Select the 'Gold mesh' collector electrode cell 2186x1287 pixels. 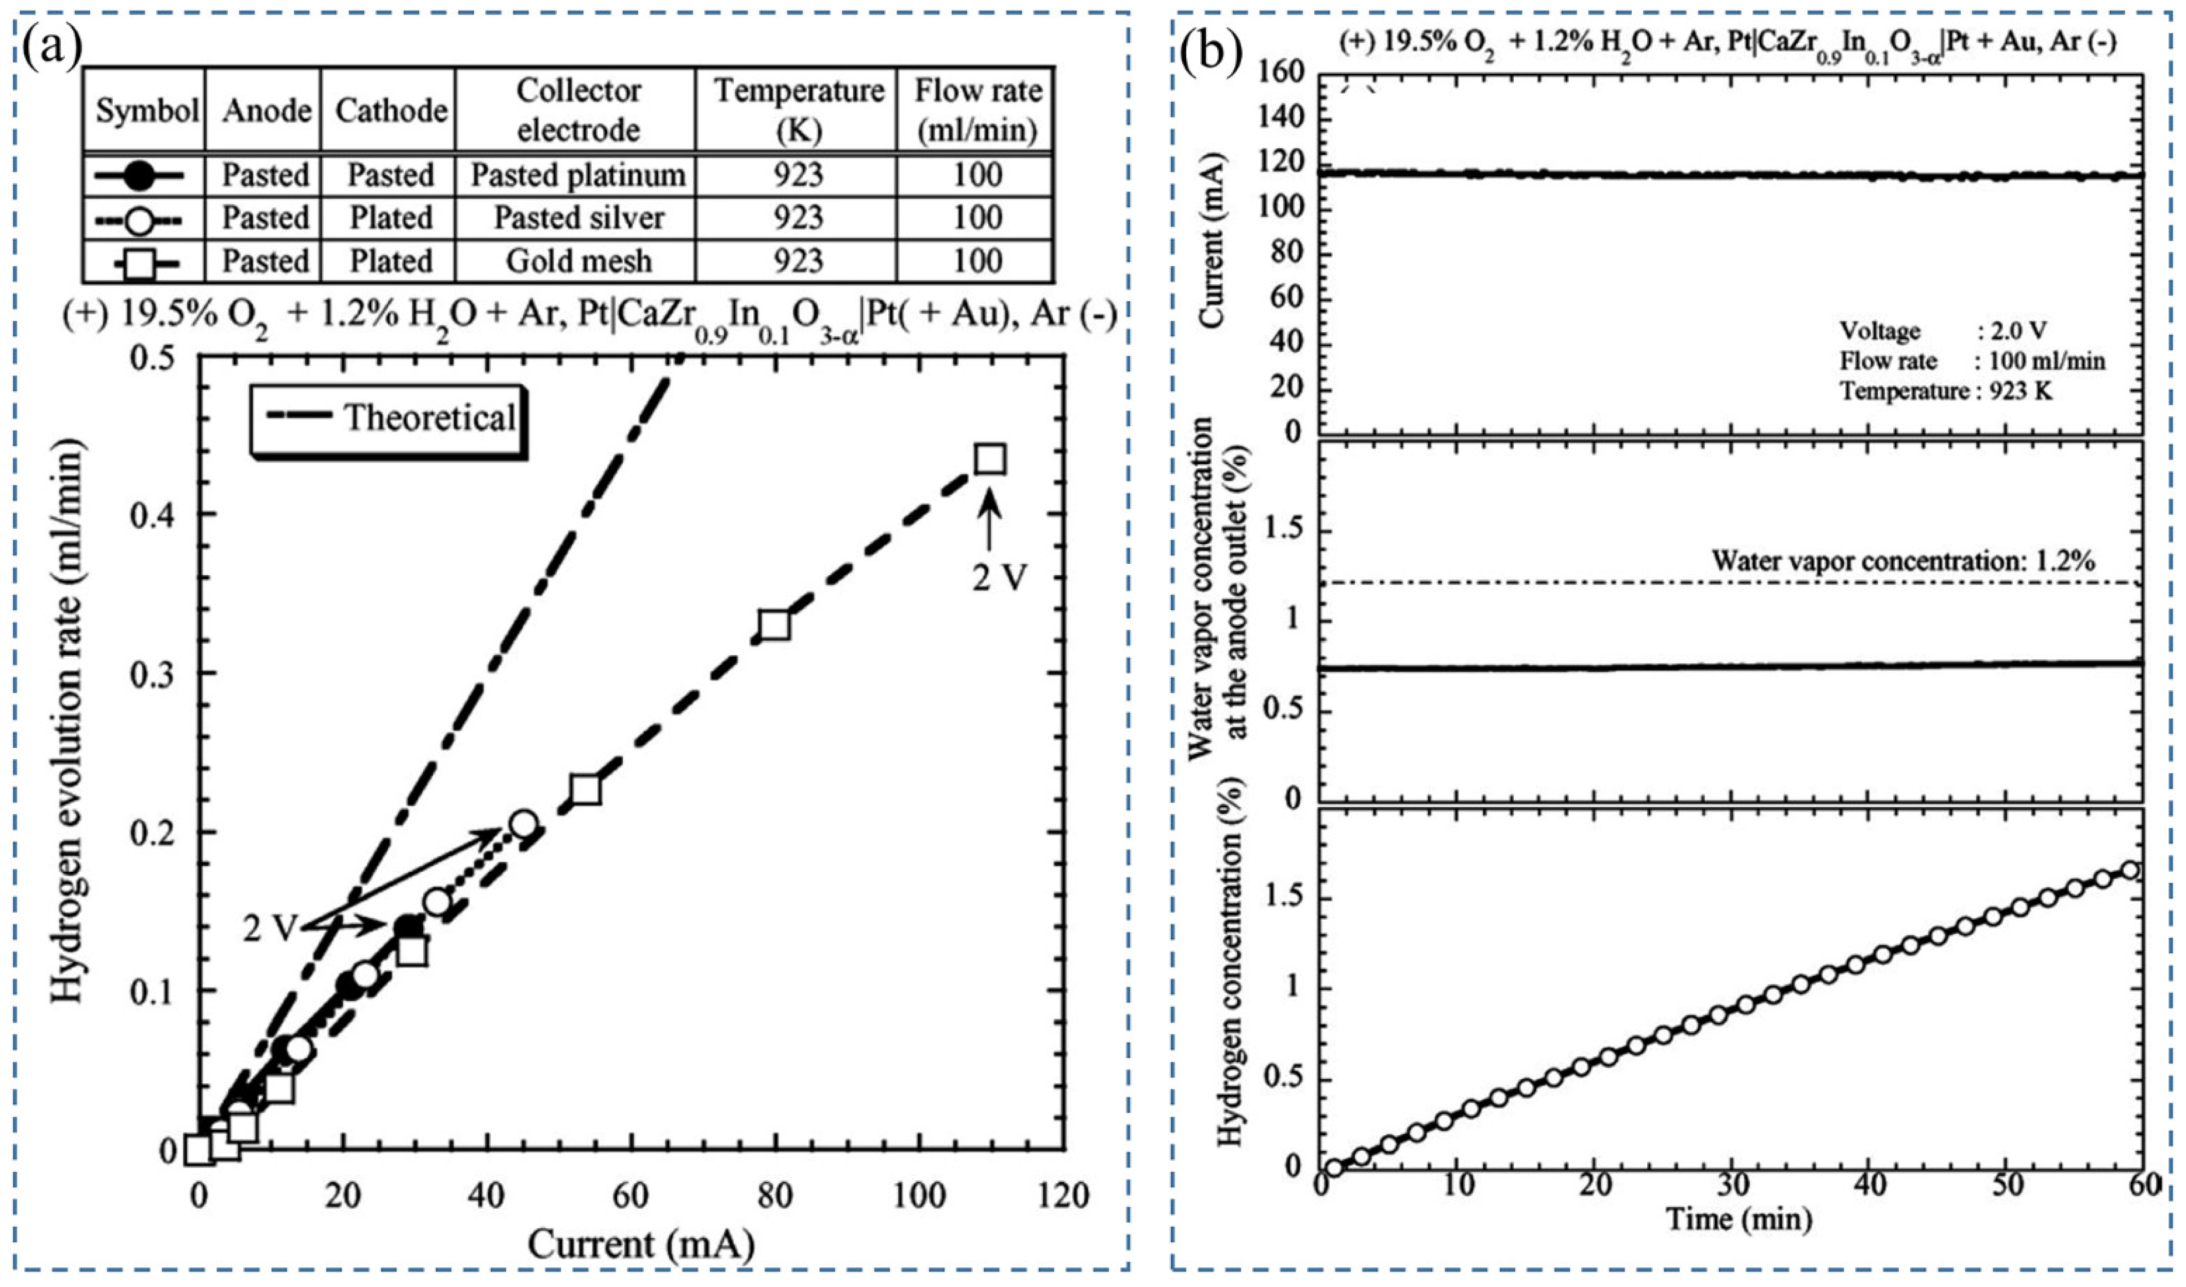click(578, 261)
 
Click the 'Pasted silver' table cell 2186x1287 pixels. click(578, 218)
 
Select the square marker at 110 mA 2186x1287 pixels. click(990, 459)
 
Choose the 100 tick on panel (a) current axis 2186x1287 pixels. click(919, 1195)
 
